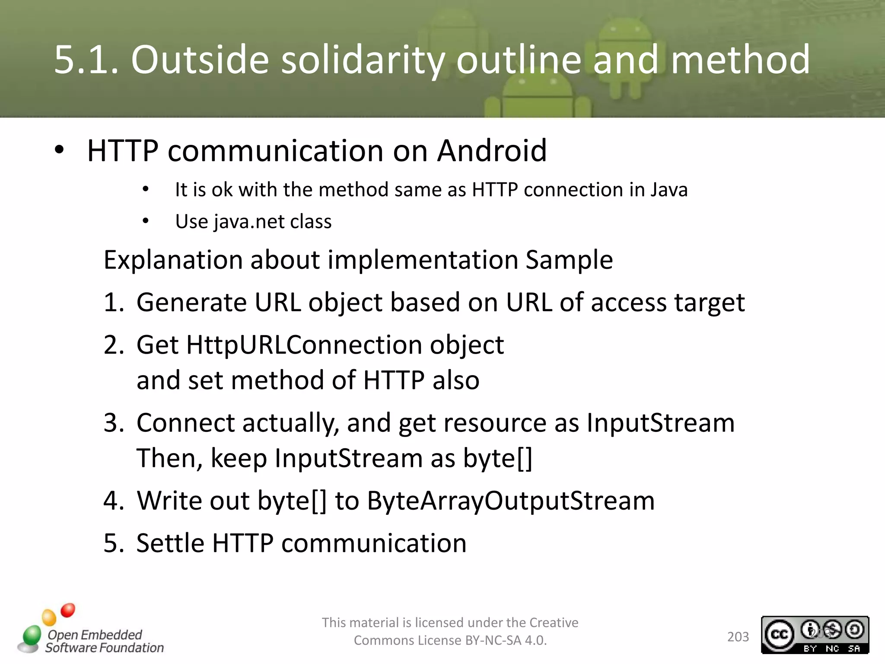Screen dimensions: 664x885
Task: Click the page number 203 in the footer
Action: click(x=738, y=637)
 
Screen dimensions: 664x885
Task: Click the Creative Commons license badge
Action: click(x=815, y=635)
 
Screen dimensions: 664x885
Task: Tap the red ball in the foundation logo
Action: click(x=68, y=610)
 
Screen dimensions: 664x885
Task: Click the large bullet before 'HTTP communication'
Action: click(x=59, y=150)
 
